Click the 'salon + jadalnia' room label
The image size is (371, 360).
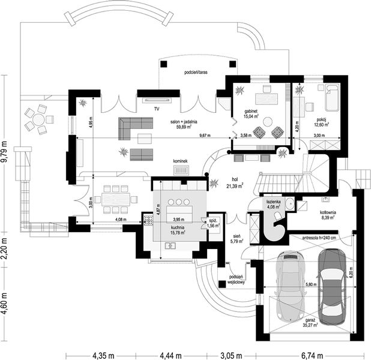coord(184,121)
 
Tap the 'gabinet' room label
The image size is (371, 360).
coord(251,112)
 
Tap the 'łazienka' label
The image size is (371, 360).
coord(275,202)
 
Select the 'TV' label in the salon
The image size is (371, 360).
coord(156,109)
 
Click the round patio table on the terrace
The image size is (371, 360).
coord(40,119)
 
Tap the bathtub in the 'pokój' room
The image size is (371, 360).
coord(331,98)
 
